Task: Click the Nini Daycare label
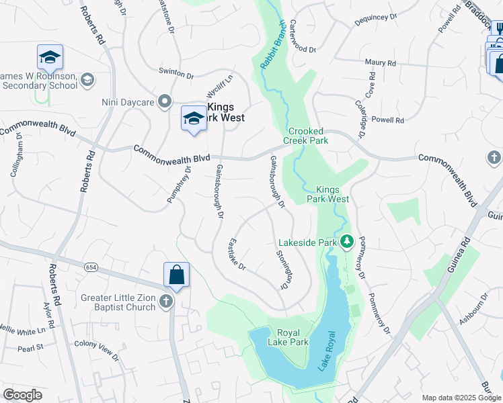click(x=128, y=103)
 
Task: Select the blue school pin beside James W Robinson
click(x=50, y=58)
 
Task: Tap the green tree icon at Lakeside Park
click(x=347, y=240)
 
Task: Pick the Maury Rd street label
click(x=380, y=62)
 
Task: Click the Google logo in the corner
click(x=22, y=395)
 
